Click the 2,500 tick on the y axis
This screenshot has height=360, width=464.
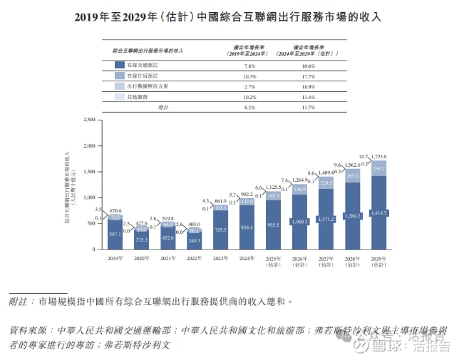point(88,120)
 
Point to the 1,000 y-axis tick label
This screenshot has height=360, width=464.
point(88,197)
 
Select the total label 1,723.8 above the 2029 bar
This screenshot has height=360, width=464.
point(383,155)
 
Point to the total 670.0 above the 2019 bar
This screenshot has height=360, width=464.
point(117,211)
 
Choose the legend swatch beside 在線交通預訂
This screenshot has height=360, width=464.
point(119,64)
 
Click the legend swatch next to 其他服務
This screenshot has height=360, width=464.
point(119,96)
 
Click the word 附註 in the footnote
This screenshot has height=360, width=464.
point(19,302)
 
